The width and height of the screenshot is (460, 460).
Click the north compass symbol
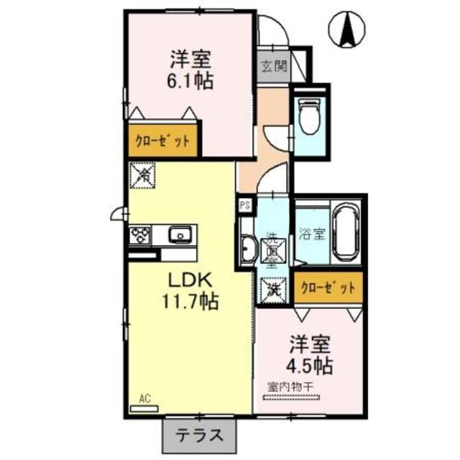(x=344, y=31)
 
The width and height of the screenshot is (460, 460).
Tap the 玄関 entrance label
(x=273, y=68)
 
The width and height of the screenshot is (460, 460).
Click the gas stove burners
(x=139, y=235)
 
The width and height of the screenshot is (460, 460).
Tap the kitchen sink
(x=179, y=234)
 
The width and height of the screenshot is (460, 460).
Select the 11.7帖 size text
(x=190, y=301)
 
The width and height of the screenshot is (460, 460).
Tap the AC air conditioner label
(x=144, y=397)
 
